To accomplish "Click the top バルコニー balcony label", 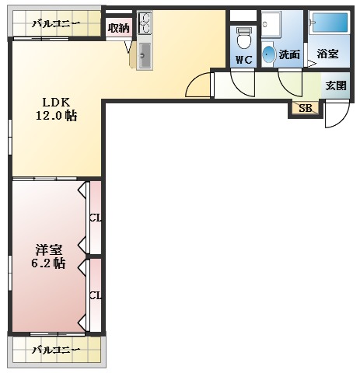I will tap(55, 24).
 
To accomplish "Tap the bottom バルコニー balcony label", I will tap(56, 349).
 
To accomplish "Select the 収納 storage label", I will tap(118, 27).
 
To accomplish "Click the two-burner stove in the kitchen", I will tap(145, 23).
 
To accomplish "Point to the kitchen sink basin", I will tap(145, 54).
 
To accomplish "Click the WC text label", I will tap(243, 59).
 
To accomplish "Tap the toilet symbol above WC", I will tap(243, 37).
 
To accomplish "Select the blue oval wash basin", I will tap(269, 54).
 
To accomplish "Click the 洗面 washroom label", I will tap(289, 54).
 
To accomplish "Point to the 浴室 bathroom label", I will tap(328, 54).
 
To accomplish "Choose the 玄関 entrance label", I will tap(335, 85).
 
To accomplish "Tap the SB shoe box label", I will tap(305, 108).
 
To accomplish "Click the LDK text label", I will tap(56, 102).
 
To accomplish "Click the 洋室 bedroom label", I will tap(49, 249).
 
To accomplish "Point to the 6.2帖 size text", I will tap(49, 263).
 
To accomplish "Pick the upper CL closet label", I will tap(95, 217).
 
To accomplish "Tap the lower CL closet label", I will tap(95, 295).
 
